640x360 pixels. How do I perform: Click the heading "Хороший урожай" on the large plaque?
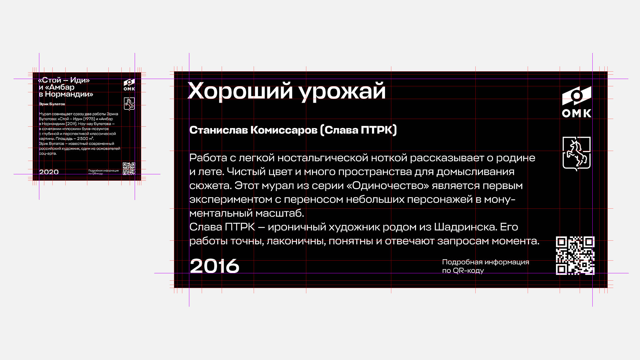[x=287, y=91]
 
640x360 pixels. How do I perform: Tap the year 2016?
[x=214, y=266]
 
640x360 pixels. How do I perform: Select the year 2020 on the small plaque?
[x=49, y=172]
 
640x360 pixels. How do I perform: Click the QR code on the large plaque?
[x=575, y=256]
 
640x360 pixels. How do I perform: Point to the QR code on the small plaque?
[x=129, y=169]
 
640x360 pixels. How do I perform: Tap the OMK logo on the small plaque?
[x=129, y=85]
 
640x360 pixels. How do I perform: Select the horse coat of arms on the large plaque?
[x=576, y=154]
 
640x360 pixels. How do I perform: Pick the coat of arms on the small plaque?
[x=129, y=104]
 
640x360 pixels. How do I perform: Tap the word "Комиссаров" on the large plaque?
[x=284, y=130]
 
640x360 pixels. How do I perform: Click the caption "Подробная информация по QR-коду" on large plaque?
[x=486, y=266]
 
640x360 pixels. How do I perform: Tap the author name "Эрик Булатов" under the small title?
[x=52, y=104]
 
